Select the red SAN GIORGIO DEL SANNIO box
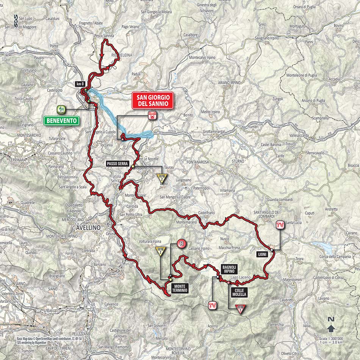(152, 100)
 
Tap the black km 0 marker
(79, 84)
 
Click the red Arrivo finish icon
(152, 116)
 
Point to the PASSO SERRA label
(118, 164)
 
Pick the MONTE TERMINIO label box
(179, 288)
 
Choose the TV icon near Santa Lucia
(280, 226)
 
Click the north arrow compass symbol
(331, 326)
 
